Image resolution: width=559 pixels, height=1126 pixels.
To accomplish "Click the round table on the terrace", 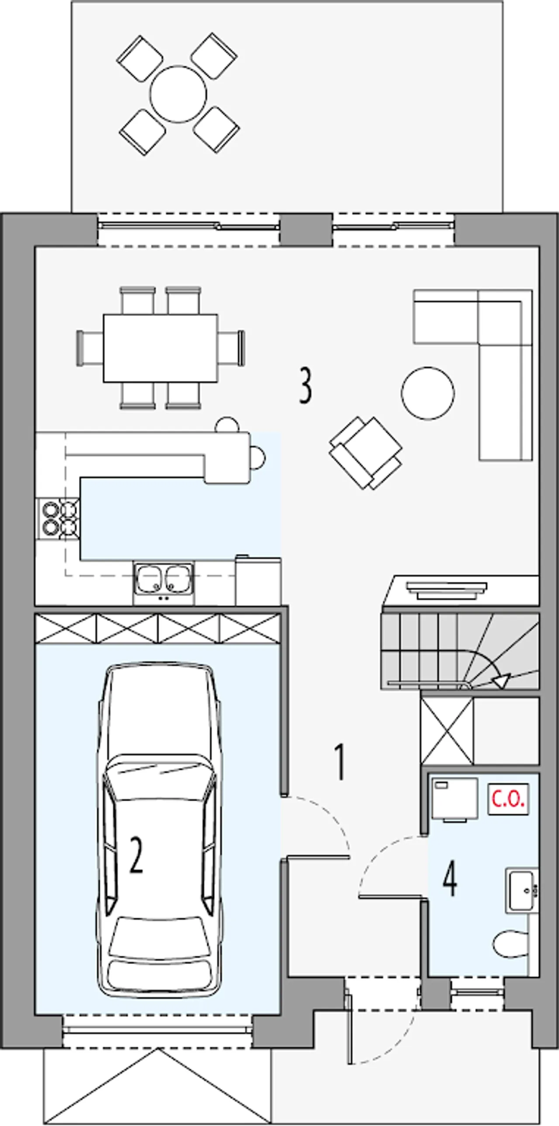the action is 178,93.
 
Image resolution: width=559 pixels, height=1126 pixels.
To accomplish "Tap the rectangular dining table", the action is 161,348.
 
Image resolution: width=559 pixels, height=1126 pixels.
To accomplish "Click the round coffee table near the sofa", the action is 428,393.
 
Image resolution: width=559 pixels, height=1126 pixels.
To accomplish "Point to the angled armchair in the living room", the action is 366,453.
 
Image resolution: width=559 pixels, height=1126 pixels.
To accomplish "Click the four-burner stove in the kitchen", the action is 58,519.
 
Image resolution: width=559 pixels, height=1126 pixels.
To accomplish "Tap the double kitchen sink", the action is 164,578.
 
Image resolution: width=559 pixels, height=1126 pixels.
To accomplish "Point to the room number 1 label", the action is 339,763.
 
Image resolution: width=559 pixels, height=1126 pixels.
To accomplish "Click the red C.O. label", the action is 508,799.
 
